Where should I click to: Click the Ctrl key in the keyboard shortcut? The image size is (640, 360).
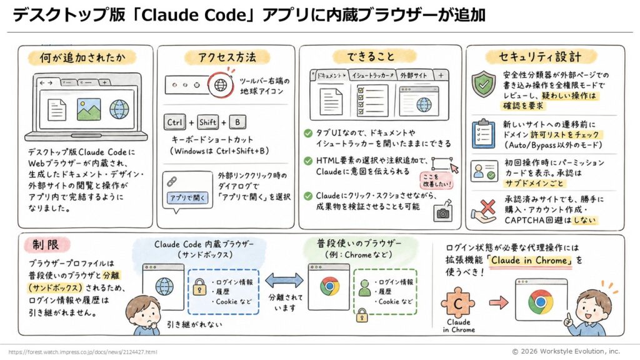coord(175,122)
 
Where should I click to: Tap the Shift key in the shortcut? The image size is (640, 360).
coord(207,122)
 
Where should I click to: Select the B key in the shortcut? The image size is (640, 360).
coord(237,122)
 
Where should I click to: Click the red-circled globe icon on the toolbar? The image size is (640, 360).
coord(221,85)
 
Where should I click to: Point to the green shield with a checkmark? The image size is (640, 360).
coord(484,84)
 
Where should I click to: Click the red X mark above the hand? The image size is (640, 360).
coord(487,207)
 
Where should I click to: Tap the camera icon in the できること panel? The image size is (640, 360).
coord(443,212)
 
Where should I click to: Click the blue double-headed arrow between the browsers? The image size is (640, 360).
coord(284,281)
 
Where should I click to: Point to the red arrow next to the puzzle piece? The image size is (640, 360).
coord(499,302)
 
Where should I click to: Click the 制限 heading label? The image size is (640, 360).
coord(46,245)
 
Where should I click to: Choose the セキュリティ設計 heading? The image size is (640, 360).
coord(540,57)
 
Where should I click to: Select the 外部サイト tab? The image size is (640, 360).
coord(413,76)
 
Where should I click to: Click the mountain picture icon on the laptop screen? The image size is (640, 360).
coord(89,109)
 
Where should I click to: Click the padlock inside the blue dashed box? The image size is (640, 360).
coord(199,286)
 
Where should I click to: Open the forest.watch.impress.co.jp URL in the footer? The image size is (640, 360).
coord(82,352)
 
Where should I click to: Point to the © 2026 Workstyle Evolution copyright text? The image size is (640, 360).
coord(566,351)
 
